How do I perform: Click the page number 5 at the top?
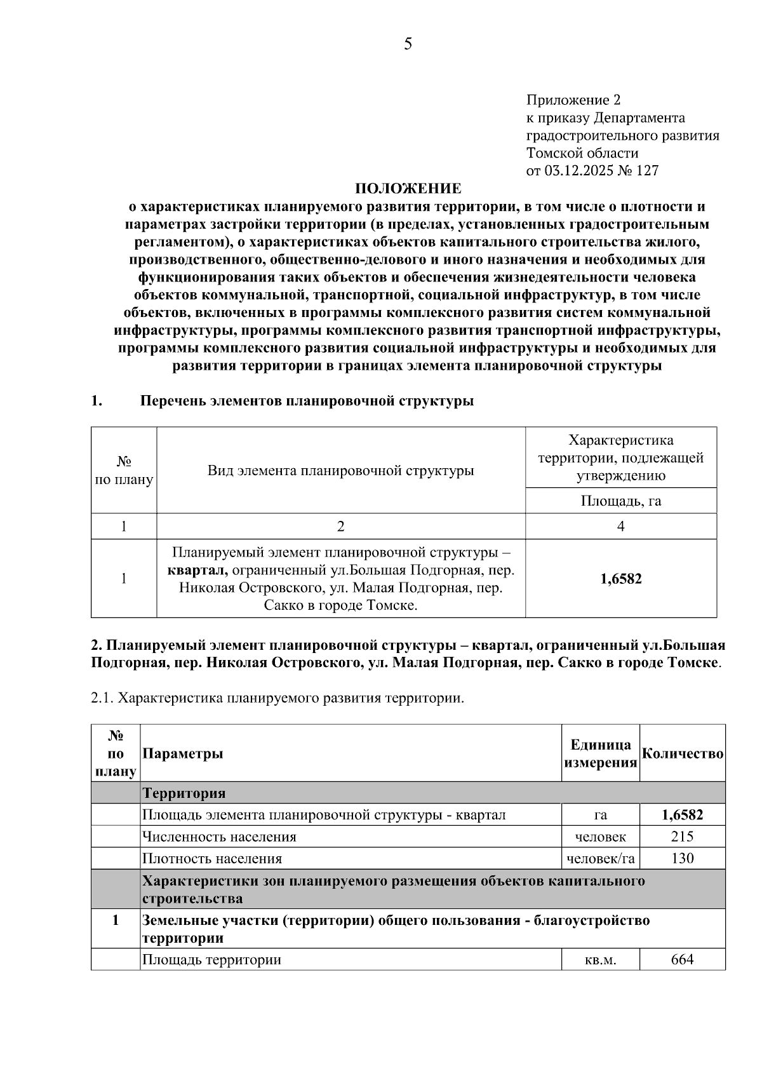point(408,44)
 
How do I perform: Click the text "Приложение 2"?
point(573,100)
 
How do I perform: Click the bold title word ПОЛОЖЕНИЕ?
point(408,189)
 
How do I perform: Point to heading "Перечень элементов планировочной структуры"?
point(307,401)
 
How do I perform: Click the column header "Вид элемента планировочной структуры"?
point(340,471)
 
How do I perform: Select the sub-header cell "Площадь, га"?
point(620,501)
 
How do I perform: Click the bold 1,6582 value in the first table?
point(620,579)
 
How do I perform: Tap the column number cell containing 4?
point(620,527)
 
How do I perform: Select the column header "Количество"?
point(683,753)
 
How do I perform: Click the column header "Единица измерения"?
point(600,753)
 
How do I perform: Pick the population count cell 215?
point(682,837)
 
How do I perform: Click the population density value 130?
point(682,859)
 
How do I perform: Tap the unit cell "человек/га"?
point(600,859)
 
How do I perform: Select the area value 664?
point(682,959)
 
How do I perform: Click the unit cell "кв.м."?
point(600,960)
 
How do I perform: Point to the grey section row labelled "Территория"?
point(184,793)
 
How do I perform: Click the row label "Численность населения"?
point(219,837)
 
